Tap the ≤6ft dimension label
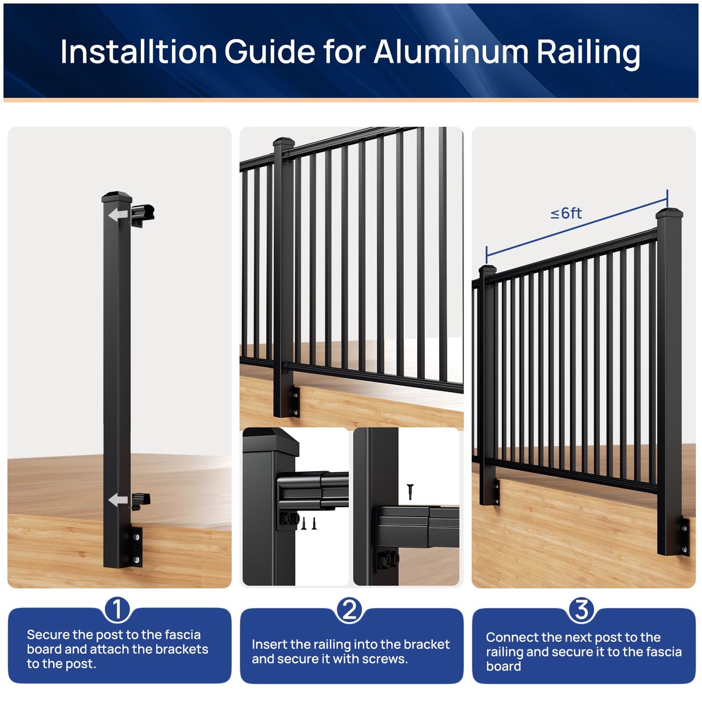click(566, 213)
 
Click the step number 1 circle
click(117, 609)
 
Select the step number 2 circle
click(349, 609)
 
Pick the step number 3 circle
click(582, 609)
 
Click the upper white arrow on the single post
click(118, 215)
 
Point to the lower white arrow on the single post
click(118, 499)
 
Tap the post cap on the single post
click(117, 197)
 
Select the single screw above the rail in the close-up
click(410, 491)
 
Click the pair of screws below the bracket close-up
click(308, 523)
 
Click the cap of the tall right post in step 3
click(669, 213)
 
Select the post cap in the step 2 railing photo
click(284, 142)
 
